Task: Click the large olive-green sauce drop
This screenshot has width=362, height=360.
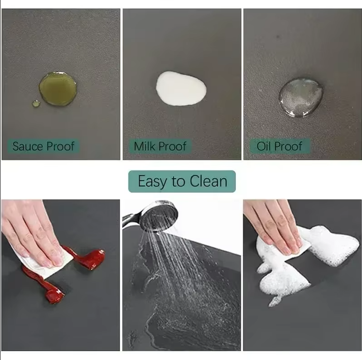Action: (x=58, y=88)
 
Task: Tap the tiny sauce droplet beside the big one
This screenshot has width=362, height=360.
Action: (x=36, y=103)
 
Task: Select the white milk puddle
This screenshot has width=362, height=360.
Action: (x=181, y=88)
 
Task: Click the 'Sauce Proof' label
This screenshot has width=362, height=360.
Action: (x=43, y=146)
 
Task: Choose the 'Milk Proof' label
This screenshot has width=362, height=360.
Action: (x=160, y=146)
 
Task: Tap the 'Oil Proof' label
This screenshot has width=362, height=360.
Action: (x=280, y=146)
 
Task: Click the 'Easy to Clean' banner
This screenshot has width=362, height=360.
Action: (x=182, y=181)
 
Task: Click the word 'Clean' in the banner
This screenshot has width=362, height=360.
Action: (x=208, y=181)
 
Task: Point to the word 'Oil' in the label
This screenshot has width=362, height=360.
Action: (x=264, y=146)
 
